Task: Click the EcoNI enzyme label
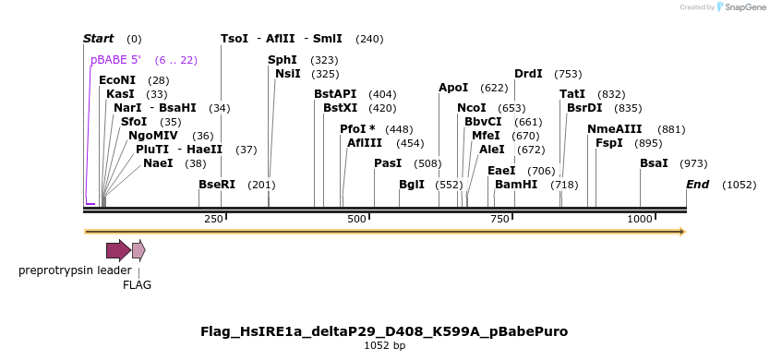click(x=117, y=80)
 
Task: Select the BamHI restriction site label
click(x=516, y=185)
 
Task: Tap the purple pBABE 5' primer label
click(x=115, y=60)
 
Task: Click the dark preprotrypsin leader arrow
click(x=117, y=250)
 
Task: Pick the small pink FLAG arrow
click(x=138, y=250)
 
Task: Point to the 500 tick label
click(x=356, y=219)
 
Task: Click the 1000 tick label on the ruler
click(x=640, y=219)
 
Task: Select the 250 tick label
click(x=213, y=219)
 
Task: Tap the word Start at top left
click(x=98, y=39)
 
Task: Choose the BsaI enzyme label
click(x=654, y=163)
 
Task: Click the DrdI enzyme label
click(x=528, y=74)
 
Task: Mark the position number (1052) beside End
click(x=739, y=185)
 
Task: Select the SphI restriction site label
click(x=283, y=60)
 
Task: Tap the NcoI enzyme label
click(x=472, y=108)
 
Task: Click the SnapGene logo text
click(x=747, y=7)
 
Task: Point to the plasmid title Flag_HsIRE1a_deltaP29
click(x=384, y=331)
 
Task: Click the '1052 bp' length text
click(x=384, y=346)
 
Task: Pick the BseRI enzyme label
click(x=217, y=185)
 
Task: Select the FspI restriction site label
click(x=608, y=143)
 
